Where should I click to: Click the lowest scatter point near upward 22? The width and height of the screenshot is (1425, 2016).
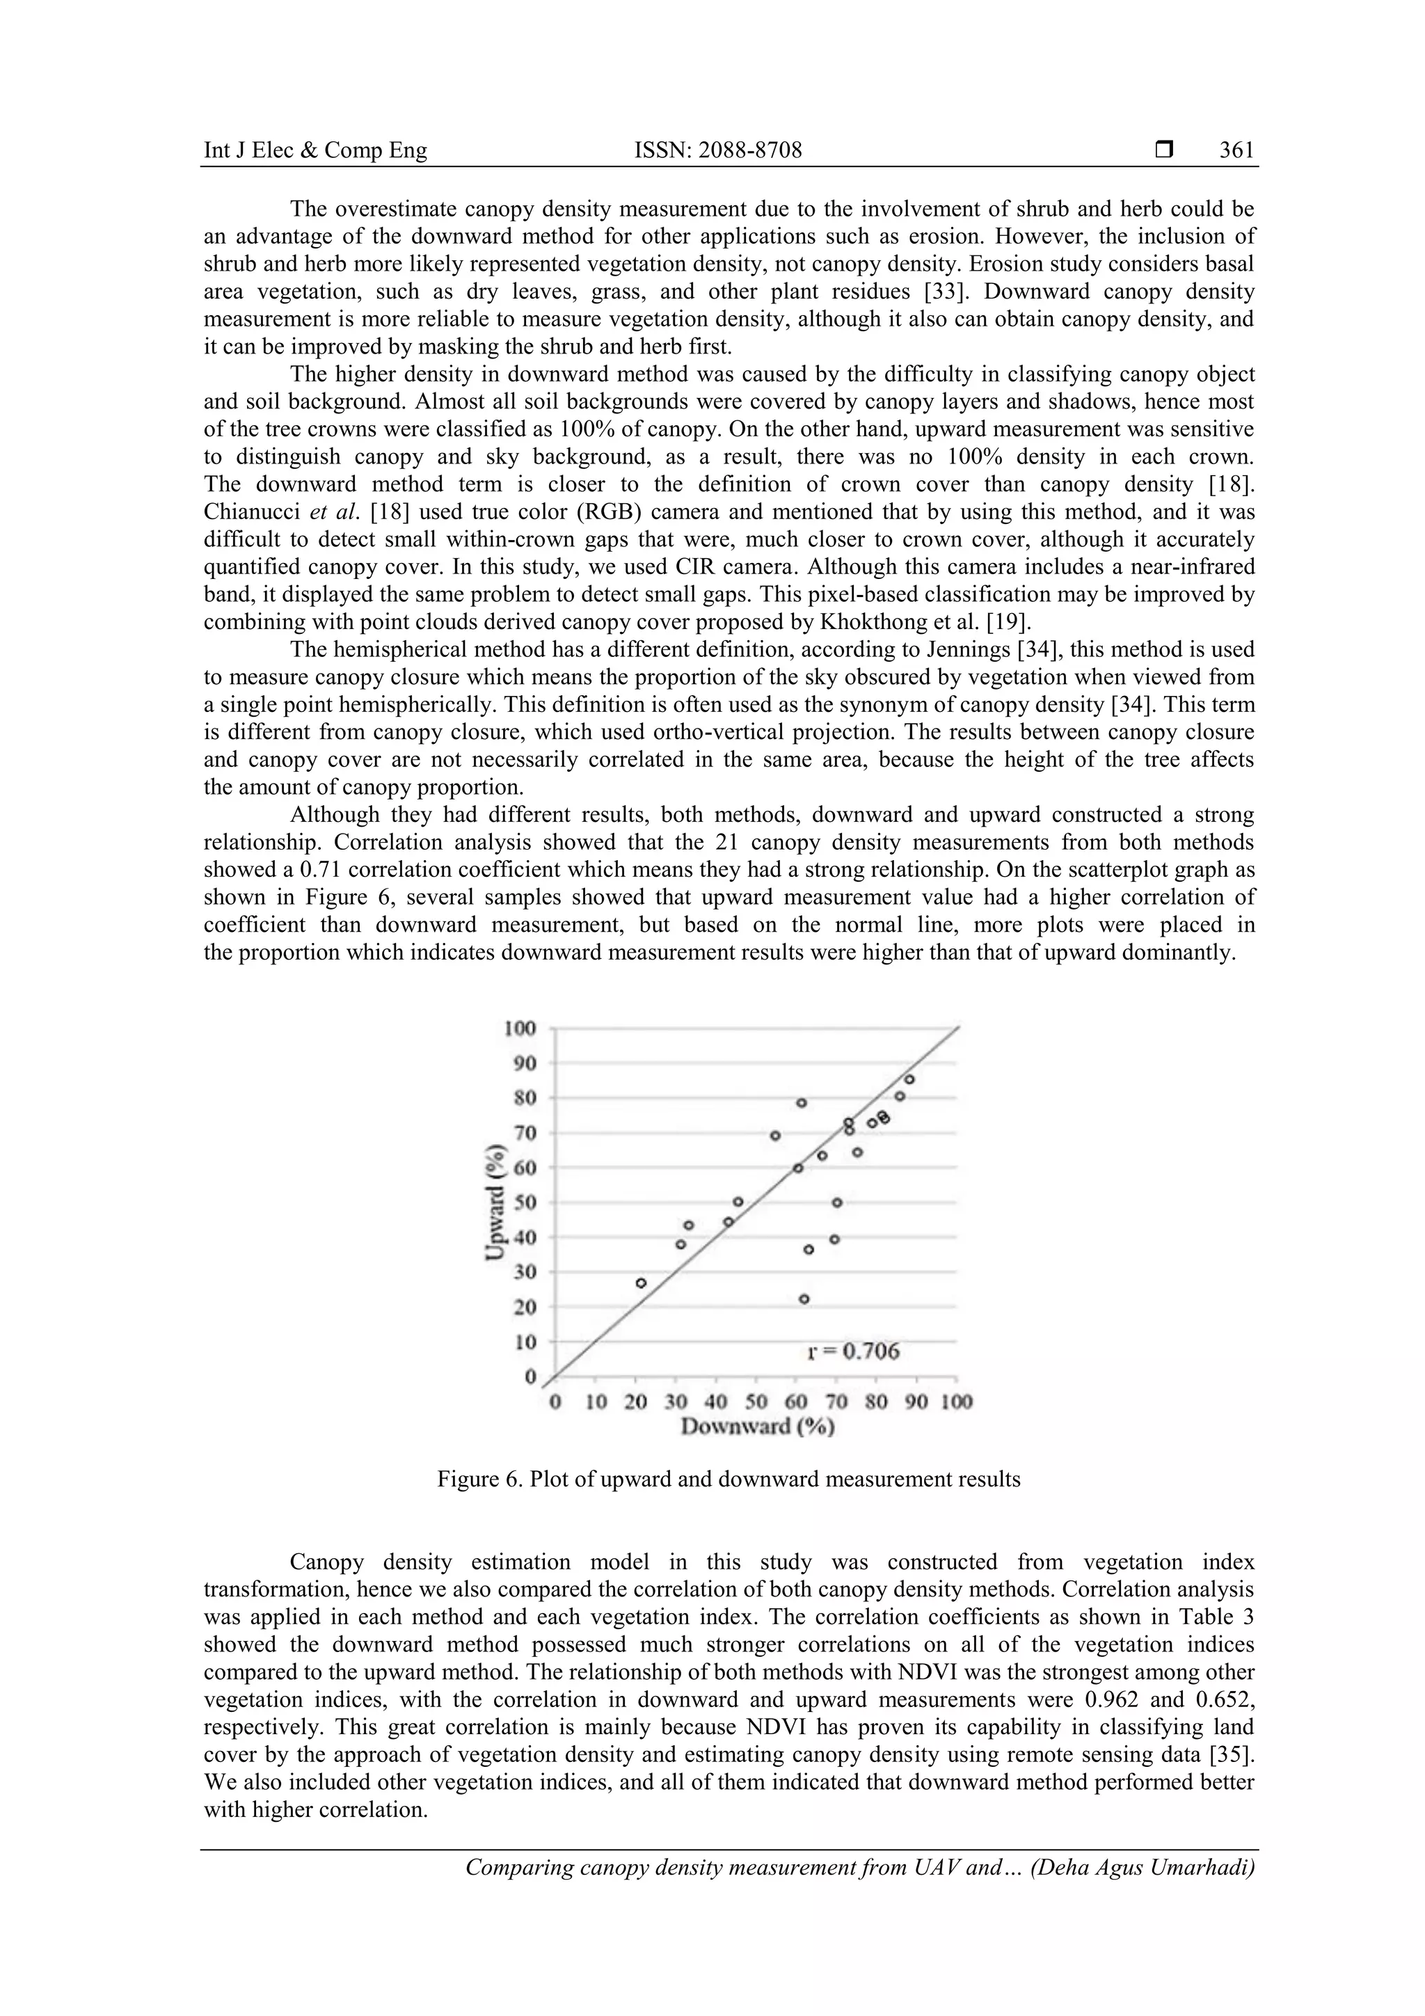point(804,1299)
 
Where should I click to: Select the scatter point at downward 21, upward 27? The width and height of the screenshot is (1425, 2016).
point(641,1283)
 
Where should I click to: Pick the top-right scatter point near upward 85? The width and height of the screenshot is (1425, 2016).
point(909,1079)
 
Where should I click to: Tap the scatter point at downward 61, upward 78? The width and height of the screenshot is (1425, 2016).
point(802,1103)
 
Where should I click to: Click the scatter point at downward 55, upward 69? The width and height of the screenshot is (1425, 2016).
point(775,1135)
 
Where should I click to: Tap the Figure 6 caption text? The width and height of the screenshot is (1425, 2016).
point(729,1479)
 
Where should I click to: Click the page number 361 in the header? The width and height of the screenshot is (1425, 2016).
point(1236,151)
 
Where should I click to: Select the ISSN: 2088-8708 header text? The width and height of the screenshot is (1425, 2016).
point(718,151)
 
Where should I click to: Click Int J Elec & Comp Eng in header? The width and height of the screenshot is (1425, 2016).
point(315,151)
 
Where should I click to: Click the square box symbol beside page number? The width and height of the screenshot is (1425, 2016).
point(1164,151)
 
